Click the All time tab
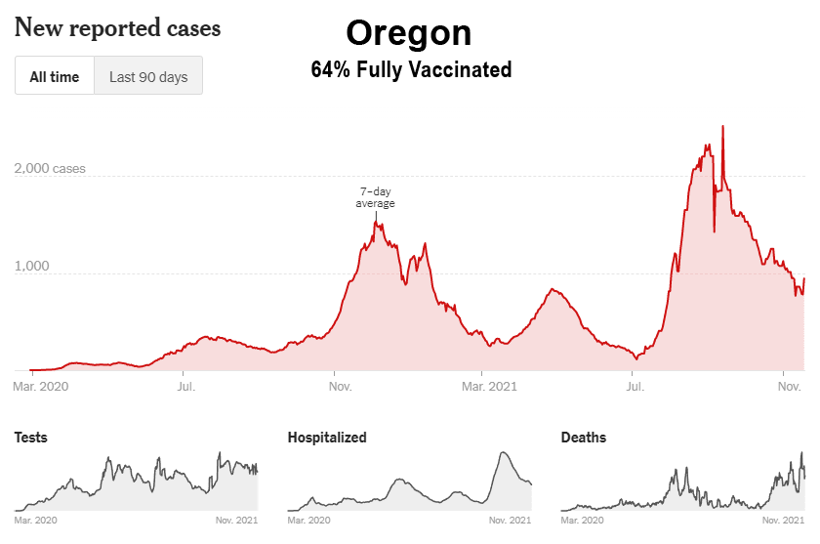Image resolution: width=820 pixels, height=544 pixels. [55, 77]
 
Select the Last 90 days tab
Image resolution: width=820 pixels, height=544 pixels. [148, 77]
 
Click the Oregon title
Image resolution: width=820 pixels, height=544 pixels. [409, 33]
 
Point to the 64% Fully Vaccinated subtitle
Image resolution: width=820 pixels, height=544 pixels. [411, 70]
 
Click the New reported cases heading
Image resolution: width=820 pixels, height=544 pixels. [118, 28]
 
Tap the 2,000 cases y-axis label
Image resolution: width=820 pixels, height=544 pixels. [50, 168]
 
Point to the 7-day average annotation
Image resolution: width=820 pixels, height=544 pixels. [375, 197]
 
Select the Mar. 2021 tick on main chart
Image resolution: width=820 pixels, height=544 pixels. [488, 387]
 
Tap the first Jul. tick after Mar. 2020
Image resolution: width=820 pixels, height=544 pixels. [186, 387]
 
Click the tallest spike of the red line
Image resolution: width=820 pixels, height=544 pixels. [722, 127]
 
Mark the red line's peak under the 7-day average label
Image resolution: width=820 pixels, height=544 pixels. [376, 222]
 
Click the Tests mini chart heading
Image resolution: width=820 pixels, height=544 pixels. [30, 438]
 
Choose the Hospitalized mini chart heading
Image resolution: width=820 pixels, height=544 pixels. [327, 438]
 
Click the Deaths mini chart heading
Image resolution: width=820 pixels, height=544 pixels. [584, 438]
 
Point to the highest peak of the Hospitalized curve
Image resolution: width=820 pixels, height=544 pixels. [503, 452]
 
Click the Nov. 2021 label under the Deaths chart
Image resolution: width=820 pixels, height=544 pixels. [783, 521]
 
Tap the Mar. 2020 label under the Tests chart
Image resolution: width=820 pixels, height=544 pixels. [36, 521]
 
